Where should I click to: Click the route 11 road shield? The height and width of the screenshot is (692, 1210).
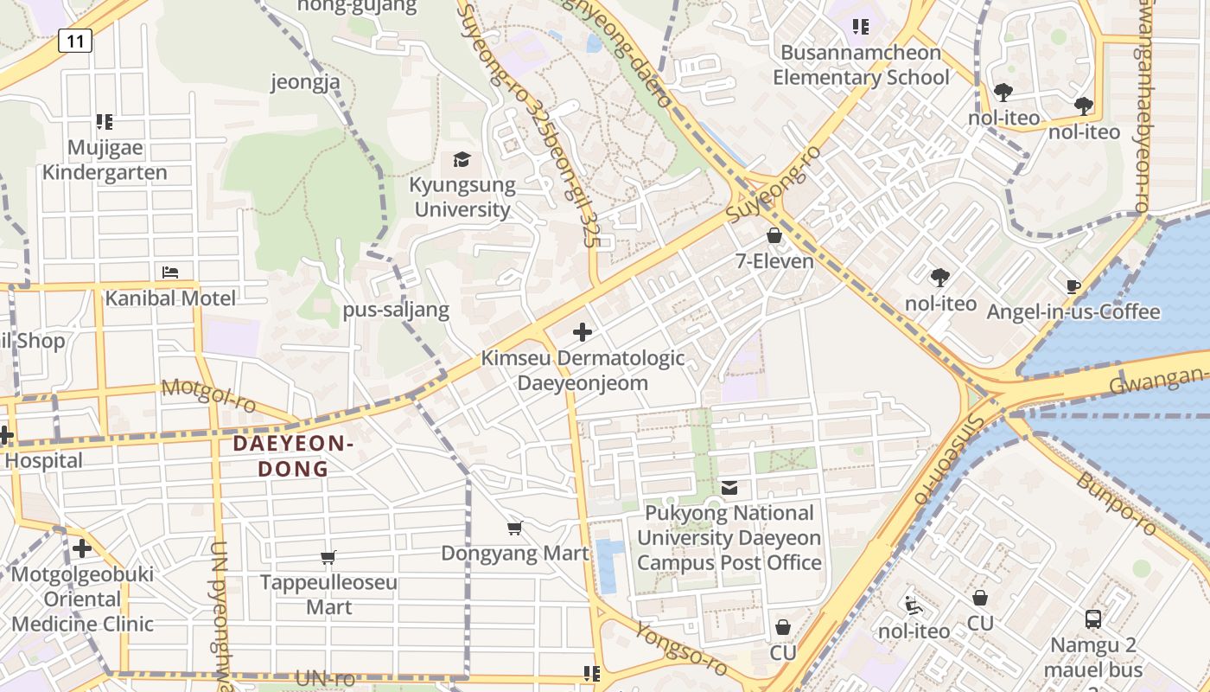[75, 41]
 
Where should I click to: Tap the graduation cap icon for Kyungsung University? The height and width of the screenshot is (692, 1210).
[462, 160]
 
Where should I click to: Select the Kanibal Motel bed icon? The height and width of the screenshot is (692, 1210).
[170, 272]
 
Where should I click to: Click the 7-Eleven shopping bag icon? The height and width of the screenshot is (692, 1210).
[774, 235]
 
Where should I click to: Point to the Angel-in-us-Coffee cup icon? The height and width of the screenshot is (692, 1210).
[1073, 286]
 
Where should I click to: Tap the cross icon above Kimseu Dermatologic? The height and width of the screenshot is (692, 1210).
[583, 332]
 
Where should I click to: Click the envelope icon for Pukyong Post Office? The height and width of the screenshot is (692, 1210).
[730, 488]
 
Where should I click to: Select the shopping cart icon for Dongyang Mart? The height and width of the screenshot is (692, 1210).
[515, 528]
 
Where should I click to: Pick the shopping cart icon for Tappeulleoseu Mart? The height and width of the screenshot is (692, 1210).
[328, 557]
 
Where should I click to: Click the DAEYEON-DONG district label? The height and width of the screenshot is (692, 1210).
[294, 457]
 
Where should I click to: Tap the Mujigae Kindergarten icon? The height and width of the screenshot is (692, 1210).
[105, 122]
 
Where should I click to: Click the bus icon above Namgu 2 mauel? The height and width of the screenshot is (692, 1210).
[1093, 619]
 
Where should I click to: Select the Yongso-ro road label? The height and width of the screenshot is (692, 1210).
[682, 649]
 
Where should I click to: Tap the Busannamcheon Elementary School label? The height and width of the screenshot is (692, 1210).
[861, 65]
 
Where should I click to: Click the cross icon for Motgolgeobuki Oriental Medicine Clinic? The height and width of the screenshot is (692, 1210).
[82, 548]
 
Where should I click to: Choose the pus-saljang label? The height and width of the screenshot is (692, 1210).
[396, 310]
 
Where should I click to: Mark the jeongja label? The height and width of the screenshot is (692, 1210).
[305, 82]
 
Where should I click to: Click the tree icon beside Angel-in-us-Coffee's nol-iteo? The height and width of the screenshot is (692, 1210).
[940, 278]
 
